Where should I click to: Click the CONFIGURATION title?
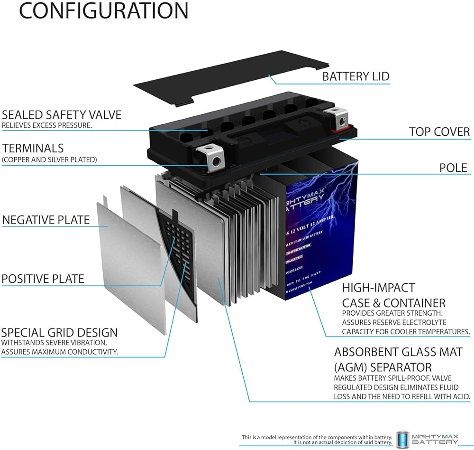(103, 11)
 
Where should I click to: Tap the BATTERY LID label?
(355, 76)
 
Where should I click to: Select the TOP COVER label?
(439, 131)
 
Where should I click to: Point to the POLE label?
(454, 168)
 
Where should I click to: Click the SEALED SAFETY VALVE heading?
(62, 115)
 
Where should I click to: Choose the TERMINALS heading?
(33, 149)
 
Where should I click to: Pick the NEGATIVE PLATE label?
(46, 220)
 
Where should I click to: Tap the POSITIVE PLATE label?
(43, 279)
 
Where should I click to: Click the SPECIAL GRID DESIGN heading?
(59, 333)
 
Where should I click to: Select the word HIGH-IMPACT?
(372, 288)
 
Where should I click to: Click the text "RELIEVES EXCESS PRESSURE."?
(46, 126)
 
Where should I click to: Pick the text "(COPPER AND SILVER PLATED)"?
(49, 160)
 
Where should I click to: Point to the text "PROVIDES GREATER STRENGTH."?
(393, 313)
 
